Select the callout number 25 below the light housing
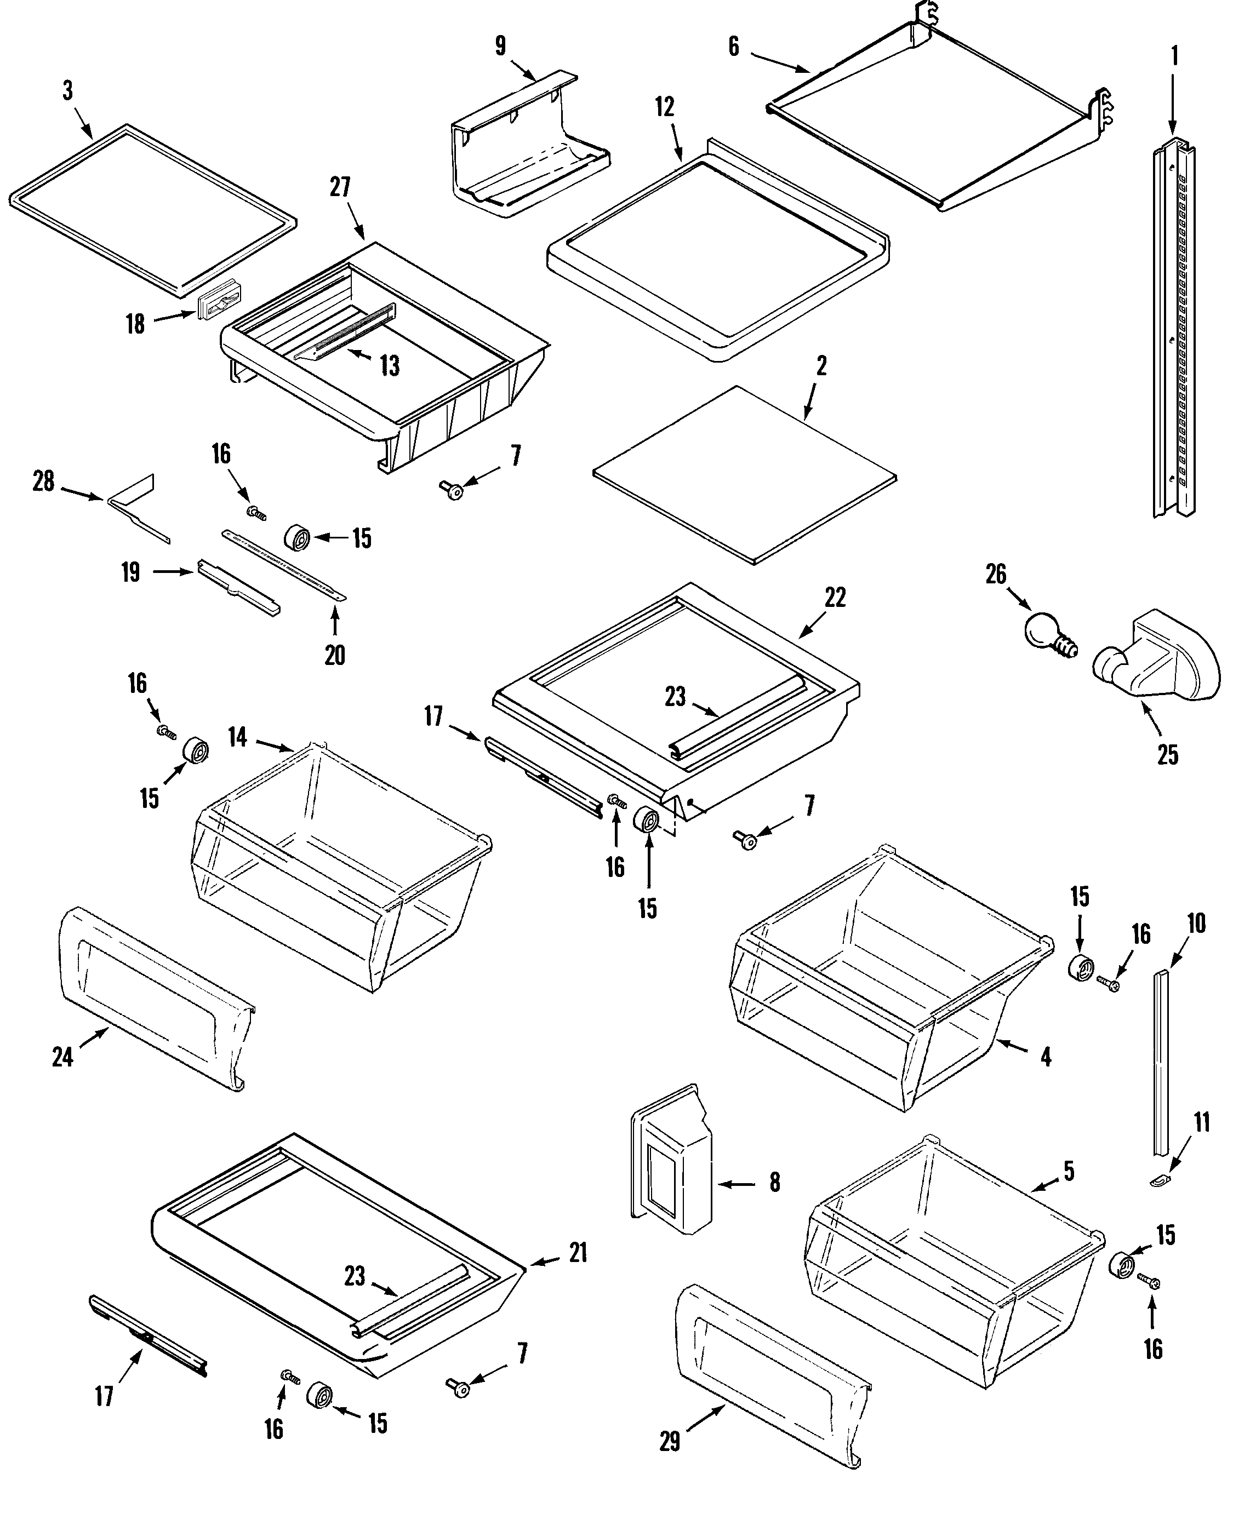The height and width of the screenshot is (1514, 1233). [x=1168, y=754]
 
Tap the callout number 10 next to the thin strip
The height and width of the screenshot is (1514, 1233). [x=1196, y=924]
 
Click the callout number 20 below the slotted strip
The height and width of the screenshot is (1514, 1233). [x=334, y=655]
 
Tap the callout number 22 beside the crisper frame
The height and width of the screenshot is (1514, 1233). [x=835, y=598]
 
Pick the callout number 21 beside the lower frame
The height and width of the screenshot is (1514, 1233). [x=578, y=1252]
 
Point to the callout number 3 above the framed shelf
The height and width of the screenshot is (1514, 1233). [x=67, y=91]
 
